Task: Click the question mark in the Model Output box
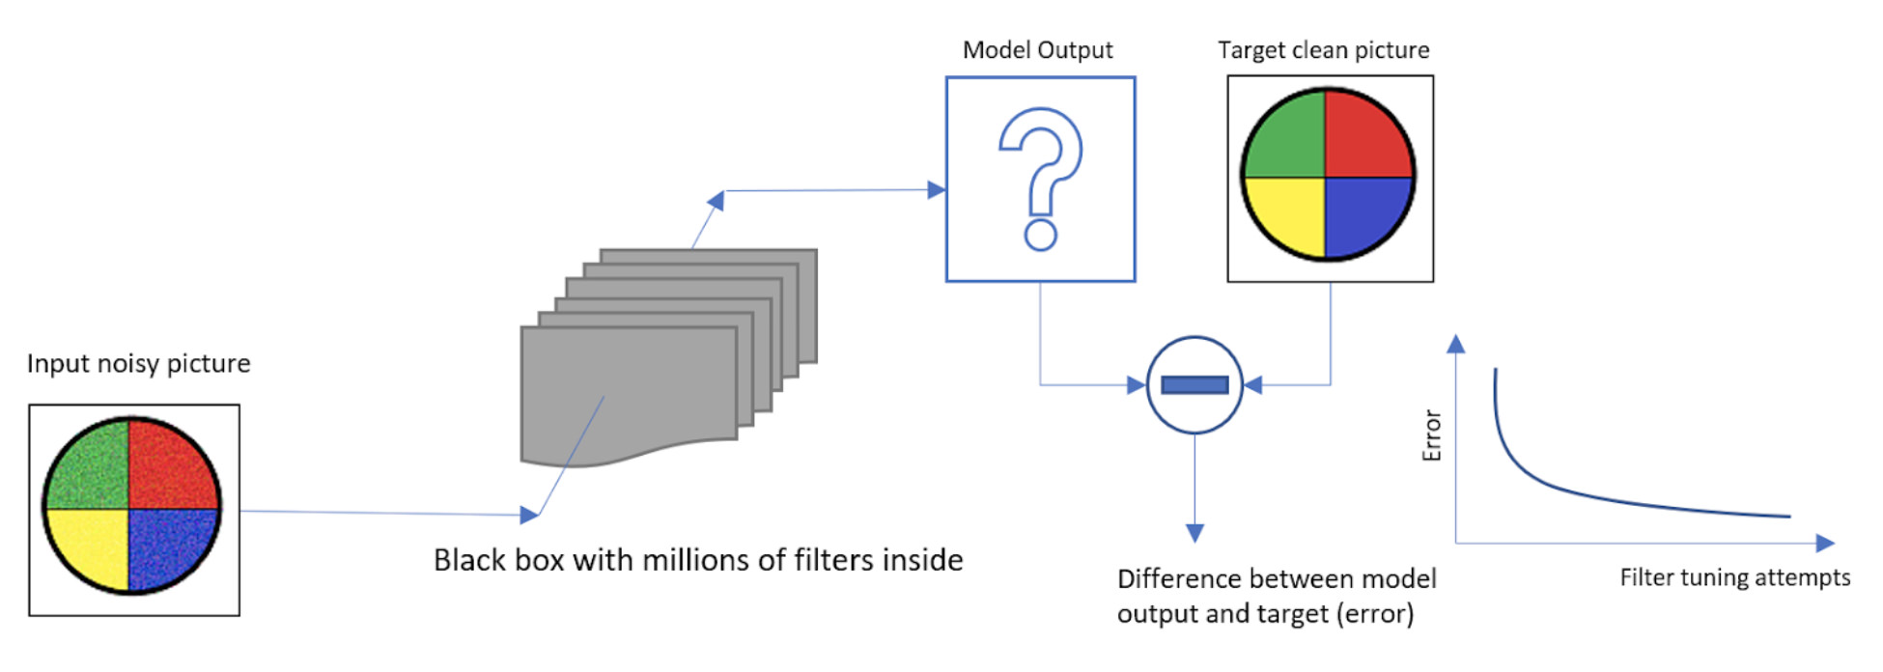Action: pos(1040,179)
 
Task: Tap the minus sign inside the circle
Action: pos(1194,385)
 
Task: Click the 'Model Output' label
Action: pos(1037,50)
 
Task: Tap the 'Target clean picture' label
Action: pos(1323,50)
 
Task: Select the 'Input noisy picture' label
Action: pos(138,364)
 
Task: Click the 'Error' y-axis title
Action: pos(1432,435)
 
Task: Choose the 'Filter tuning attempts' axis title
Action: pos(1734,577)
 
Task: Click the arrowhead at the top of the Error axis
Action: pos(1456,344)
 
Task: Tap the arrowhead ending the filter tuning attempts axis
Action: pos(1824,543)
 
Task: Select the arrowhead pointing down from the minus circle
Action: pos(1194,533)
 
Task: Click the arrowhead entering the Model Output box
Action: pos(936,190)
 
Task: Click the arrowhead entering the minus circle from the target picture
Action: pos(1253,385)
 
